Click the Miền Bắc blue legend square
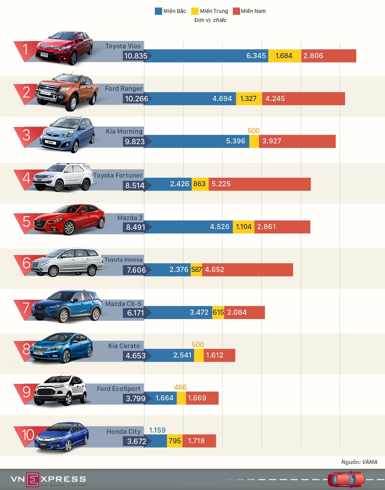(158, 11)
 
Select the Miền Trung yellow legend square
(195, 11)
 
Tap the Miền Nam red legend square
(236, 11)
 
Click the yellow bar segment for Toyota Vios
(285, 56)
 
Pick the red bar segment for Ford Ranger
(303, 99)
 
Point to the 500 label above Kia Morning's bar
(254, 131)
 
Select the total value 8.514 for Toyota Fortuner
(135, 185)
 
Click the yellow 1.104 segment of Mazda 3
(243, 227)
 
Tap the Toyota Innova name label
(123, 260)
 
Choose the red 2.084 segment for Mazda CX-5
(245, 312)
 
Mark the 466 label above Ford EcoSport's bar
(180, 387)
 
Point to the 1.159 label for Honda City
(157, 430)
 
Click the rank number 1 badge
(26, 50)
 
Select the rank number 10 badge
(27, 435)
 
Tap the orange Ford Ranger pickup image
(67, 91)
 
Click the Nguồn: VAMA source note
(359, 462)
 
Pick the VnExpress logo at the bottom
(48, 479)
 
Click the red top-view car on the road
(346, 479)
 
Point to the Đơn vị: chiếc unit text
(210, 20)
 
